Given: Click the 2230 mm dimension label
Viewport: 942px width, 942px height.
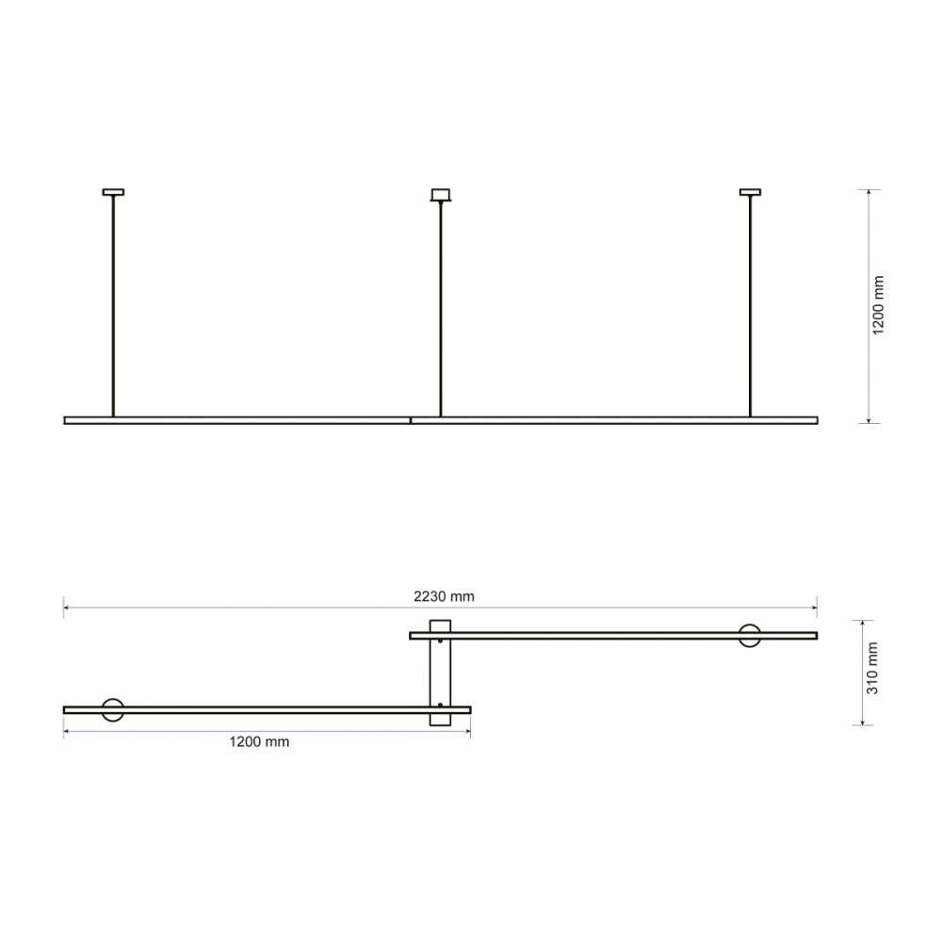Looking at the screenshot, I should click(x=444, y=595).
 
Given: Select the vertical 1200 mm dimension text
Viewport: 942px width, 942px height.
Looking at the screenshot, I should click(x=878, y=306).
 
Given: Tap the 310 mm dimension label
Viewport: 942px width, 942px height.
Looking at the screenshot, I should click(x=873, y=668).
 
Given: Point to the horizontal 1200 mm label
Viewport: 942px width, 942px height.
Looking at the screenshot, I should click(x=259, y=741).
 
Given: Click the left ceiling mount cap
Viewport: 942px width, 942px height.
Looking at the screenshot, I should click(x=113, y=192).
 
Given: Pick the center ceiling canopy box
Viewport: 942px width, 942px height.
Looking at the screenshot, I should click(x=440, y=195).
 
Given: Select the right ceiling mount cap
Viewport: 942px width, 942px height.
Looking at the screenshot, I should click(x=750, y=192).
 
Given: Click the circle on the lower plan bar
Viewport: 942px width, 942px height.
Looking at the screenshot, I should click(x=113, y=709).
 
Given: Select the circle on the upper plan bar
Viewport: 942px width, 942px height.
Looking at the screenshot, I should click(x=751, y=635).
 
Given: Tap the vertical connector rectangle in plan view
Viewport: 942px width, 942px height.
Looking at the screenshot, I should click(x=440, y=673).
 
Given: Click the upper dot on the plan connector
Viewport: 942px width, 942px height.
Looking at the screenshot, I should click(x=441, y=642).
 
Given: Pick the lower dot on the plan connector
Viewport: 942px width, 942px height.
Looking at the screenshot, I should click(x=441, y=704).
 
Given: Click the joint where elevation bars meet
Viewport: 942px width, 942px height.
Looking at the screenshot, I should click(x=411, y=420).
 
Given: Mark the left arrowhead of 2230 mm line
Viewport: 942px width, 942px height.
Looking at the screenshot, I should click(x=66, y=608).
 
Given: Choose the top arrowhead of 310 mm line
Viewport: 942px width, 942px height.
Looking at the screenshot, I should click(x=862, y=623).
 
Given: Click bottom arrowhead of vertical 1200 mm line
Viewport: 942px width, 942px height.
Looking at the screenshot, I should click(x=868, y=420).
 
